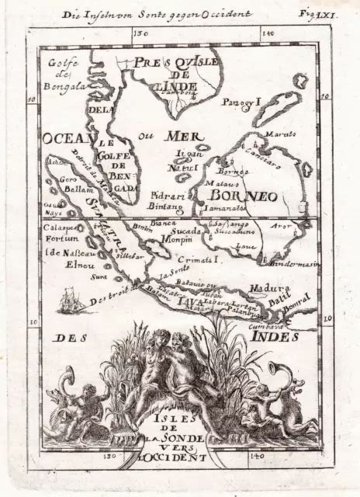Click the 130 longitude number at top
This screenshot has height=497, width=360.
(x=140, y=34)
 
